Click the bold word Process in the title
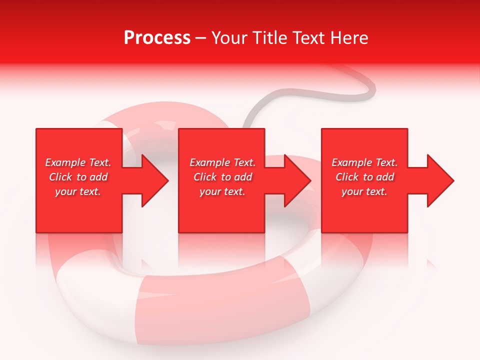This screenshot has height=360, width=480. [157, 38]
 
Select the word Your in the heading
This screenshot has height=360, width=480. [229, 38]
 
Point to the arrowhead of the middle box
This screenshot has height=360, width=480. [297, 180]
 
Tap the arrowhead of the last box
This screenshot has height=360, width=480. [440, 180]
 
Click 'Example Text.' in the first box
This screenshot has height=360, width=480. [78, 162]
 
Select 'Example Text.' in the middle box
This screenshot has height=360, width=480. [222, 162]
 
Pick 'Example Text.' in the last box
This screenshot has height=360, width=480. [364, 162]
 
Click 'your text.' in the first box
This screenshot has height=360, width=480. [78, 191]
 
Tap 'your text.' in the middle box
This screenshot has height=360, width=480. [222, 191]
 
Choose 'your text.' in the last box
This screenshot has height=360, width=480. [364, 191]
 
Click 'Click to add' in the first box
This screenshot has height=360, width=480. [78, 177]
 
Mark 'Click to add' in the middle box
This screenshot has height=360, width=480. [222, 177]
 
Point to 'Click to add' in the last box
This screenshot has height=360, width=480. [364, 177]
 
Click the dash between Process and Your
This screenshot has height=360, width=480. [201, 38]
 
